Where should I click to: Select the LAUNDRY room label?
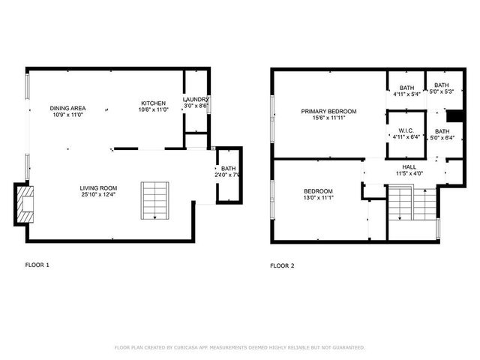tap(196, 100)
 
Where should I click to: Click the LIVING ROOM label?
tap(98, 187)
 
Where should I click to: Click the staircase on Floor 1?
tap(155, 200)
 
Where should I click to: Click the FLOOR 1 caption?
tap(37, 265)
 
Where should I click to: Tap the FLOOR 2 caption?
tap(282, 265)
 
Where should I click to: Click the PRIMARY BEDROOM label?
tap(328, 111)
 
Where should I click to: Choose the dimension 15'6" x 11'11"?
tap(328, 118)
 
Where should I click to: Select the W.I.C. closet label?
tap(406, 130)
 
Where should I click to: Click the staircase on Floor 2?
tap(400, 204)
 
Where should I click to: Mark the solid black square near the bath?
tap(453, 115)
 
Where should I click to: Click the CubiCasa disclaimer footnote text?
tap(239, 347)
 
